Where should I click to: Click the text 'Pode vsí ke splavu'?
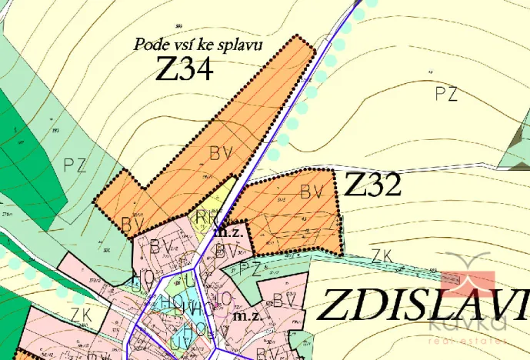(x=198, y=44)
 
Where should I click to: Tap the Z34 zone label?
(x=184, y=70)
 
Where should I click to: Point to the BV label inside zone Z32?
(x=310, y=191)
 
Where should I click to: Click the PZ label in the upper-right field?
(x=446, y=94)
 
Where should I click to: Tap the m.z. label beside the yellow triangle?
(x=228, y=229)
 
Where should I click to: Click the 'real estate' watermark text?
(x=469, y=340)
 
